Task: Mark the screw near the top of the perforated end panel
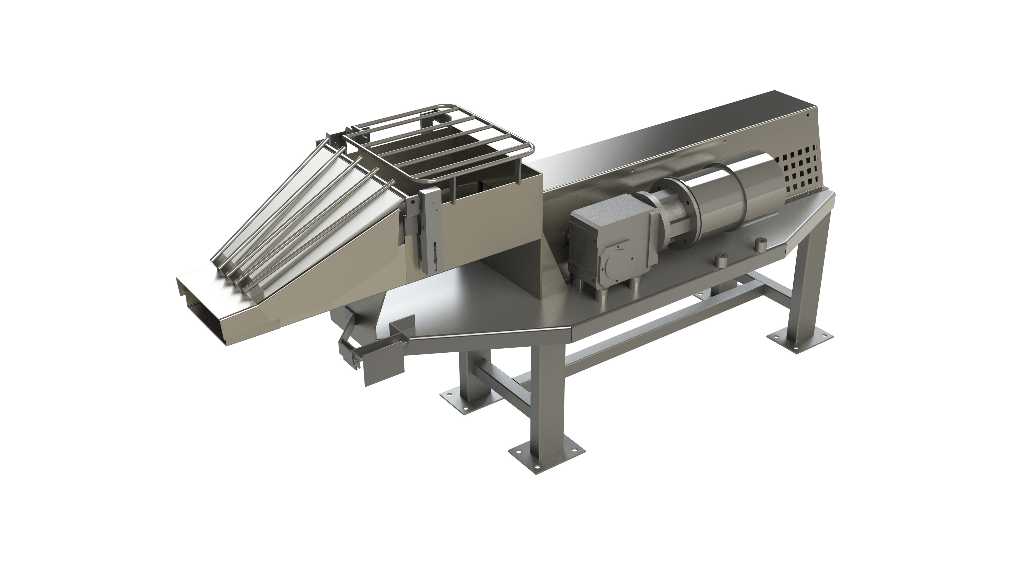[809, 115]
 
